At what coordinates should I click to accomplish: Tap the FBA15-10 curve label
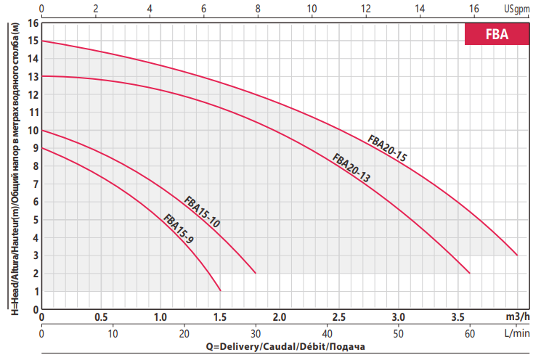click(x=202, y=212)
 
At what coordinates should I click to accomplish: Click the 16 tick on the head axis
click(x=32, y=22)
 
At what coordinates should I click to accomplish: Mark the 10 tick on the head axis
click(x=32, y=131)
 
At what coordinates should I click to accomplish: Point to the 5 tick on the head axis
click(x=34, y=220)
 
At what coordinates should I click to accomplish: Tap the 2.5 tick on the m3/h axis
click(x=338, y=318)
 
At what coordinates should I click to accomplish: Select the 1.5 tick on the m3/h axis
click(x=220, y=318)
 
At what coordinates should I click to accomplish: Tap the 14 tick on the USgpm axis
click(x=420, y=9)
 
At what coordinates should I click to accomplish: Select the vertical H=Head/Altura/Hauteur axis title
click(x=12, y=167)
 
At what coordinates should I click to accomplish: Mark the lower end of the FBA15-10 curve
click(x=256, y=273)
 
